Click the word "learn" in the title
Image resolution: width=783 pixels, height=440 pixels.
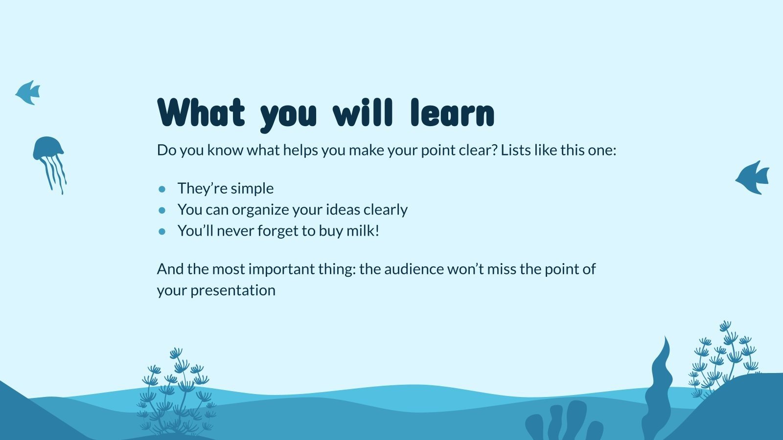[x=452, y=112]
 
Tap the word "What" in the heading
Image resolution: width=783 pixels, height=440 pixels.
[x=201, y=112]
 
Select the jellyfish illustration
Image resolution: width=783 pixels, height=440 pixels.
[x=49, y=165]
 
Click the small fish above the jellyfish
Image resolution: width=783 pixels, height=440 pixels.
[x=28, y=92]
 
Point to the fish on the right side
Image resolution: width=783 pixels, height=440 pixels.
[x=752, y=177]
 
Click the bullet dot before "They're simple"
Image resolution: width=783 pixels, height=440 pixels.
[x=162, y=189]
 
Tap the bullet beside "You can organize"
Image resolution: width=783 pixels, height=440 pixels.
[x=162, y=210]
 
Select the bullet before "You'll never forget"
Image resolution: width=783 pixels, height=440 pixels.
[x=162, y=231]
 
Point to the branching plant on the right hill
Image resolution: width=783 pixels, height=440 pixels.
[x=724, y=360]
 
